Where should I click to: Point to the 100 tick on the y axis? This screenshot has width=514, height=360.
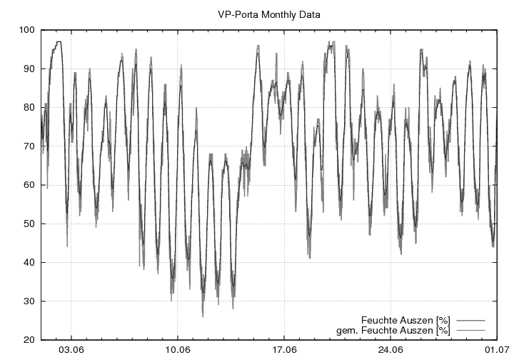pyautogui.click(x=27, y=30)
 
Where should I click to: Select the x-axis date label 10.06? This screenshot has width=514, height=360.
pyautogui.click(x=178, y=351)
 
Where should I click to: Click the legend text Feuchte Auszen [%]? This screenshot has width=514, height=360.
pyautogui.click(x=405, y=319)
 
